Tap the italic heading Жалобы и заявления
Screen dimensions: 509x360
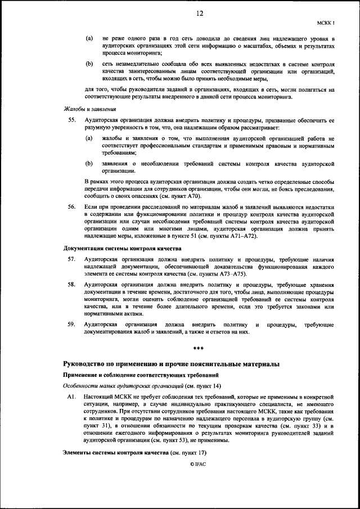(85, 109)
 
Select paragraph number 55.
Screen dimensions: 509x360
(71, 120)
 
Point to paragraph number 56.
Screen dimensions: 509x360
(71, 208)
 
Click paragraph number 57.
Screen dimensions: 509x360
(71, 259)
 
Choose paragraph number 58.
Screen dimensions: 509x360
(71, 285)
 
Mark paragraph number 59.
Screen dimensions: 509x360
(71, 325)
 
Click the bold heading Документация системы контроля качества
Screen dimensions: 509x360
(122, 247)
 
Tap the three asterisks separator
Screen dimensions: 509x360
(198, 349)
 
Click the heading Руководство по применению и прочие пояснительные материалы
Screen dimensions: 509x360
(171, 364)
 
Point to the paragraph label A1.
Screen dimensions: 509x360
(71, 397)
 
